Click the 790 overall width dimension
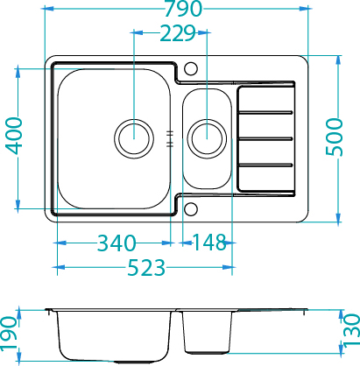pos(183,9)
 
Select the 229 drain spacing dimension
pos(178,33)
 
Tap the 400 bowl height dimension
pos(14,136)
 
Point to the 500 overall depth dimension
pos(335,137)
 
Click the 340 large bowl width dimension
pos(116,243)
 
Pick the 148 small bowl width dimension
pos(209,243)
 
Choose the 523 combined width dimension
pos(146,267)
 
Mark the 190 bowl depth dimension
pos(8,333)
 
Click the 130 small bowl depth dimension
pos(351,330)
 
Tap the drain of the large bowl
pos(134,138)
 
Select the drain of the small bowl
pos(207,138)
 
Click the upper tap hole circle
pos(191,68)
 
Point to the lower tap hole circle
pos(191,209)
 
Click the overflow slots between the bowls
pos(170,138)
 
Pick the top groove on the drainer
pos(265,112)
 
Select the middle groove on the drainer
pos(265,138)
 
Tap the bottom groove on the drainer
pos(265,165)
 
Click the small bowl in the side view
pos(207,332)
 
